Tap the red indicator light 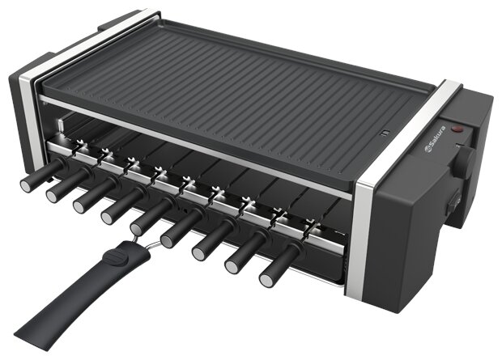pos(457,129)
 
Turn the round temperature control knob pos(466,159)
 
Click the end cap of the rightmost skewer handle pos(266,280)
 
